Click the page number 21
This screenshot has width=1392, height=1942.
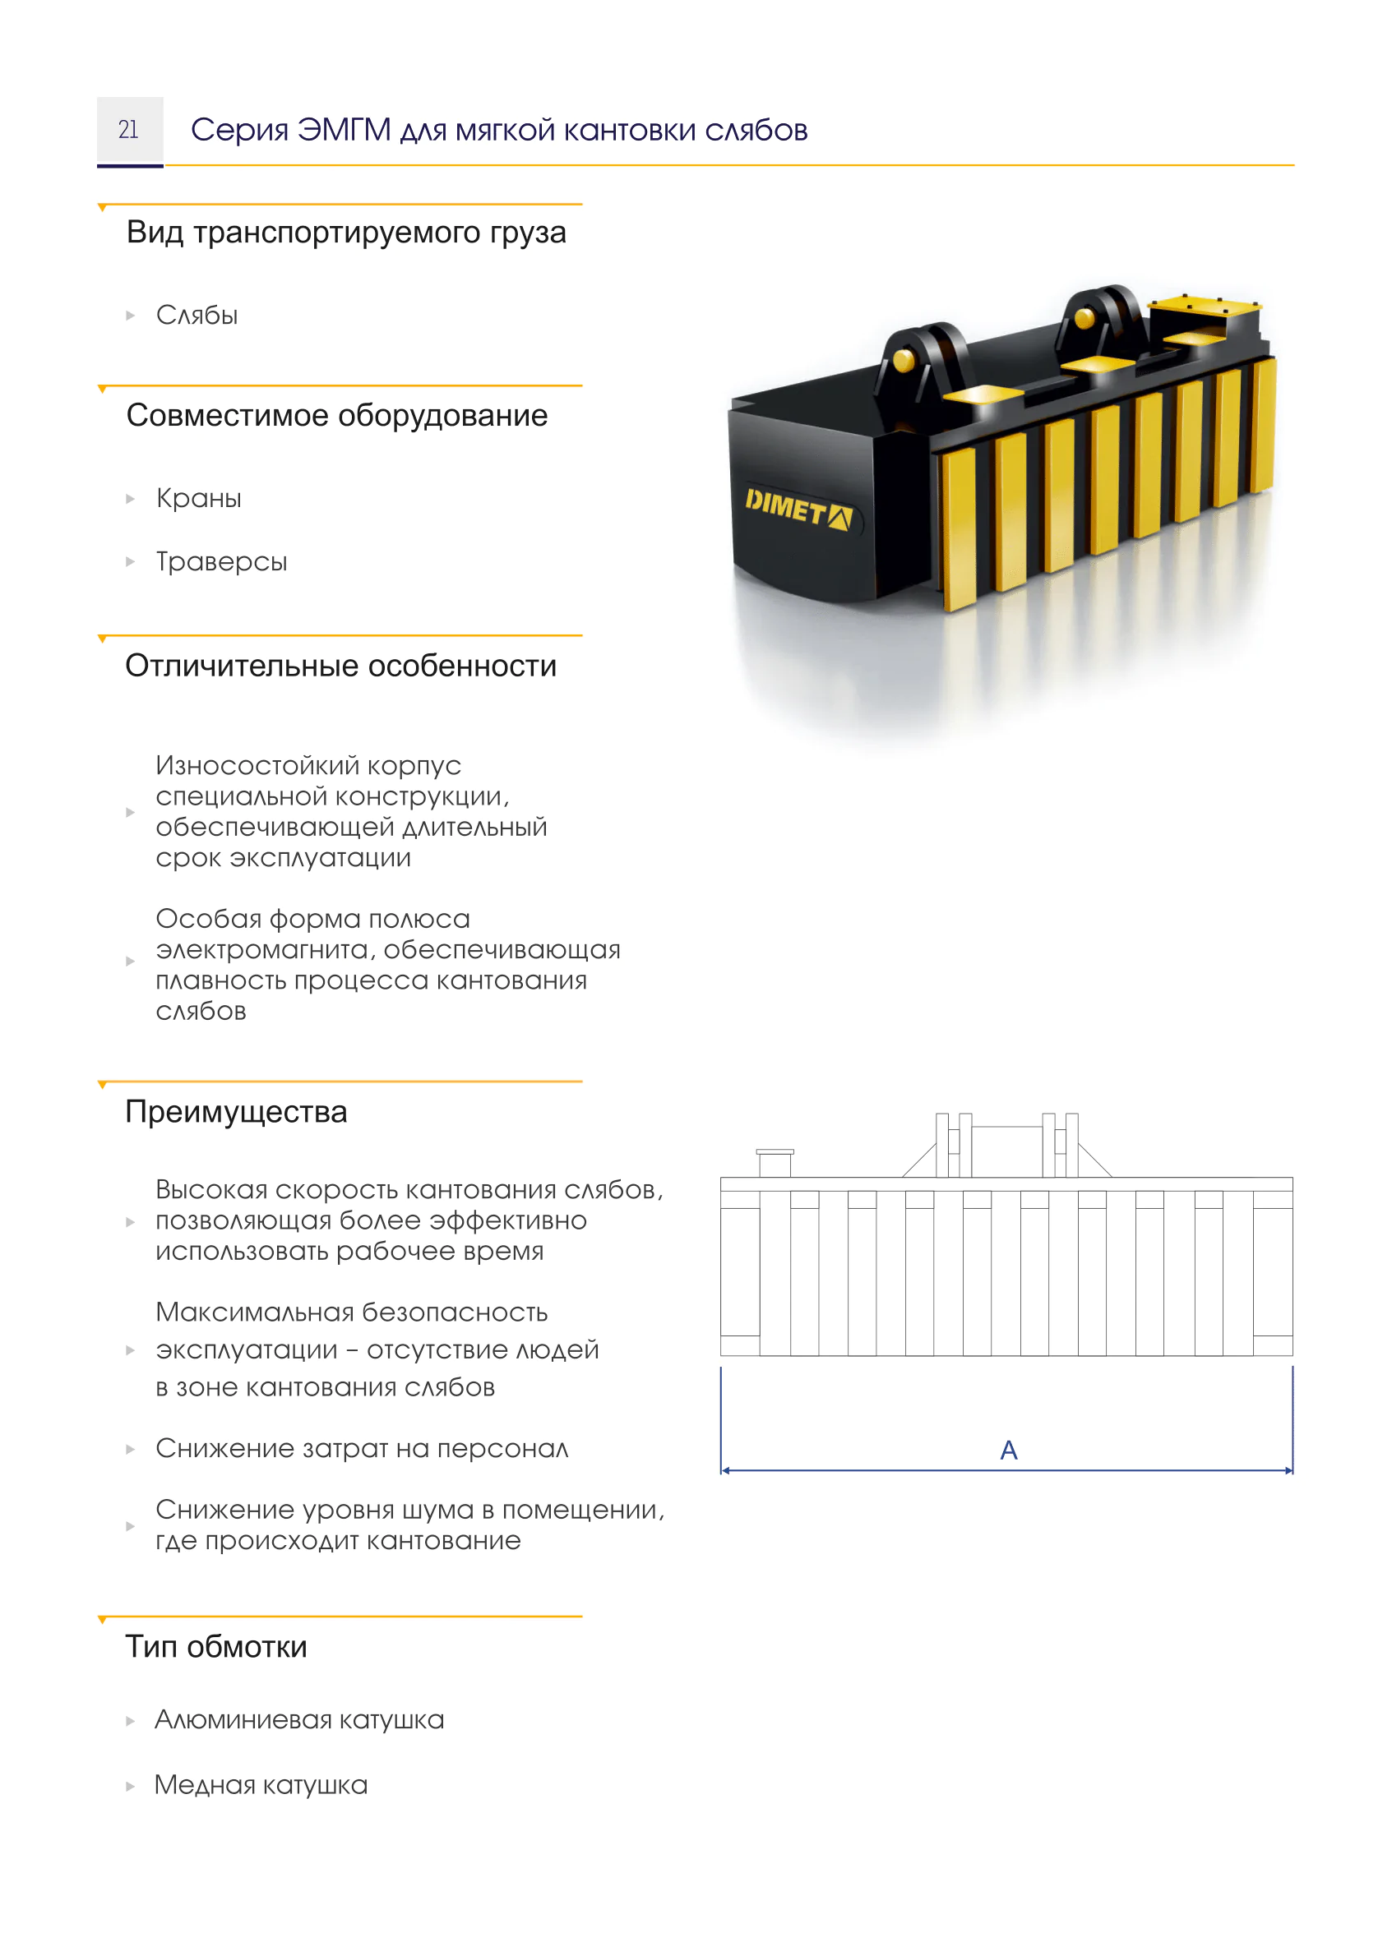tap(128, 129)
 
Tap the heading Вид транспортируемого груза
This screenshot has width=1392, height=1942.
tap(346, 233)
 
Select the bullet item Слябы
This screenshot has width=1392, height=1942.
tap(197, 315)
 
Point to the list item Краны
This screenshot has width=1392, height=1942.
tap(199, 498)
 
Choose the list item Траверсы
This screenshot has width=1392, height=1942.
tap(221, 561)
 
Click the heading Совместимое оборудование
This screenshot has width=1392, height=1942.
tap(336, 415)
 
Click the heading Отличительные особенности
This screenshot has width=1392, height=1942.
tap(341, 666)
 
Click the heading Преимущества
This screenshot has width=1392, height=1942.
tap(237, 1111)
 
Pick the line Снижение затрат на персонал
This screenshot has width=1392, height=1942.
tap(362, 1448)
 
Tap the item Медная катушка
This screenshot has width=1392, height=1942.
tap(261, 1784)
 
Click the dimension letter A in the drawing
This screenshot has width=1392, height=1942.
tap(1008, 1450)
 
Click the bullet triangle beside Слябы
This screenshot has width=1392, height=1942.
tap(130, 316)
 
